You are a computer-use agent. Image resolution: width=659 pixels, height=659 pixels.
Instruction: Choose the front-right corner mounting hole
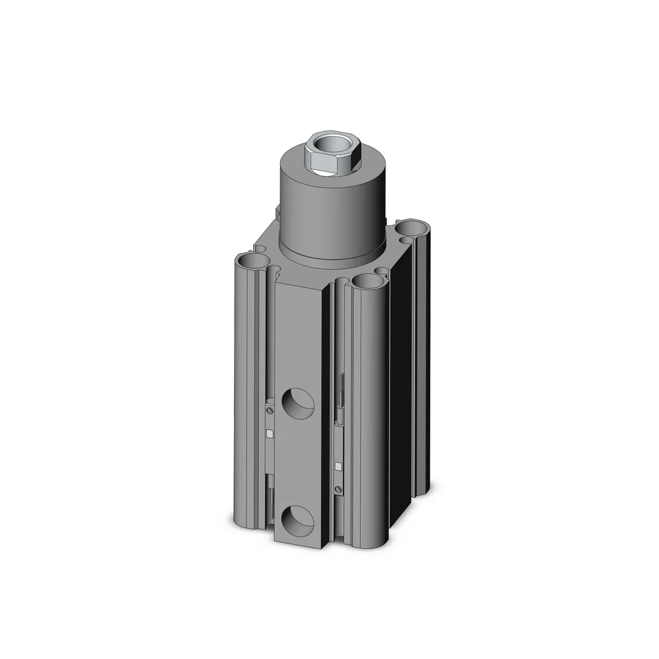(x=367, y=282)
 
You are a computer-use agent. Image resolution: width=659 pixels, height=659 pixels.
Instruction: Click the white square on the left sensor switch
(x=270, y=433)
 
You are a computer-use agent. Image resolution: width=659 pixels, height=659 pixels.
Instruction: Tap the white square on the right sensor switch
(x=339, y=466)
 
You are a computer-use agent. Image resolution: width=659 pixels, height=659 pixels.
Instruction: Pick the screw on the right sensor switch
(x=339, y=489)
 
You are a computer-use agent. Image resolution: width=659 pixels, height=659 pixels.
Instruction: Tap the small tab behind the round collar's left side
(x=277, y=212)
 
